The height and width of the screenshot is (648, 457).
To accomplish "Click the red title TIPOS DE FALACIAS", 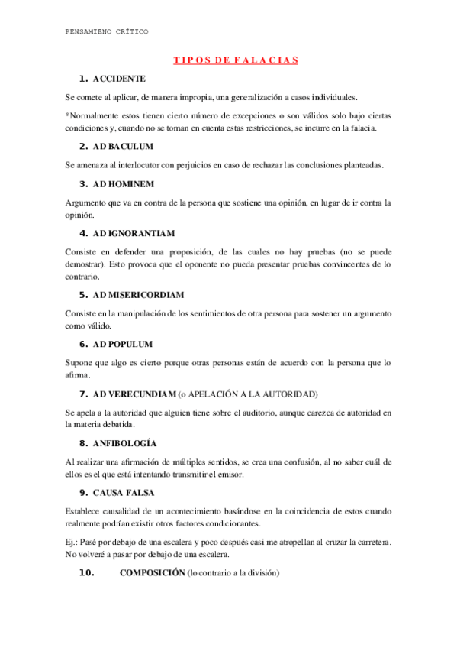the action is [234, 60].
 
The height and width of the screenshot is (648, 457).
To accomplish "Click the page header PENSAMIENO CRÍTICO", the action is [108, 31].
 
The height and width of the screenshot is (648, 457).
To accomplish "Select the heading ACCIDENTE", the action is [119, 79].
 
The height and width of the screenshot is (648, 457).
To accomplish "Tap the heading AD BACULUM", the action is [123, 146].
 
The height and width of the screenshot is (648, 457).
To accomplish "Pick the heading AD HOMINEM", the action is [124, 184].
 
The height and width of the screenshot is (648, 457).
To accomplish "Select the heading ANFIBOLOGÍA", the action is [124, 443].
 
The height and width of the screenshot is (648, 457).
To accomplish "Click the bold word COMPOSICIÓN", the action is [153, 572].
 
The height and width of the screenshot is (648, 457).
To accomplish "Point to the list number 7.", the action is [83, 394].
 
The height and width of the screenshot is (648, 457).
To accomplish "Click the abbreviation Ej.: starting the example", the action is [74, 541].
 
